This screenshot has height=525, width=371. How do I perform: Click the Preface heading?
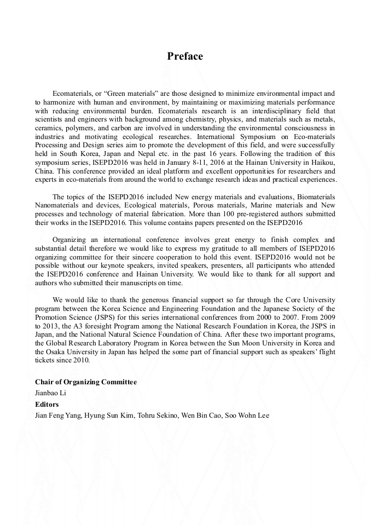click(185, 56)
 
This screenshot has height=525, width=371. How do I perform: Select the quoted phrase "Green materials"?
click(129, 94)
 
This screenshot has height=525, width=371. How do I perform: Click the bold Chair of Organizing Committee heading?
click(86, 382)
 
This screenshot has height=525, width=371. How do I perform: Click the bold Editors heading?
click(47, 404)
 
